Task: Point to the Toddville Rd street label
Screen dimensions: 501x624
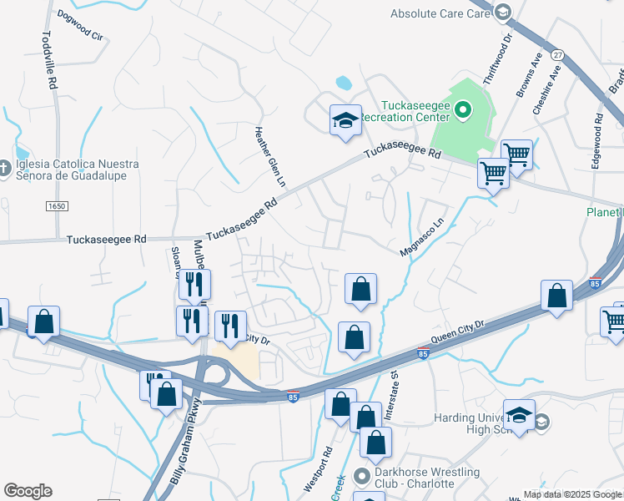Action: coord(48,61)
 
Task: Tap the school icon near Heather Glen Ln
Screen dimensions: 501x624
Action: coord(345,120)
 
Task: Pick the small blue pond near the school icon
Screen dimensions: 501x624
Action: coord(343,83)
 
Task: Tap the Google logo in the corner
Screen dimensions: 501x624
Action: coord(28,491)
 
